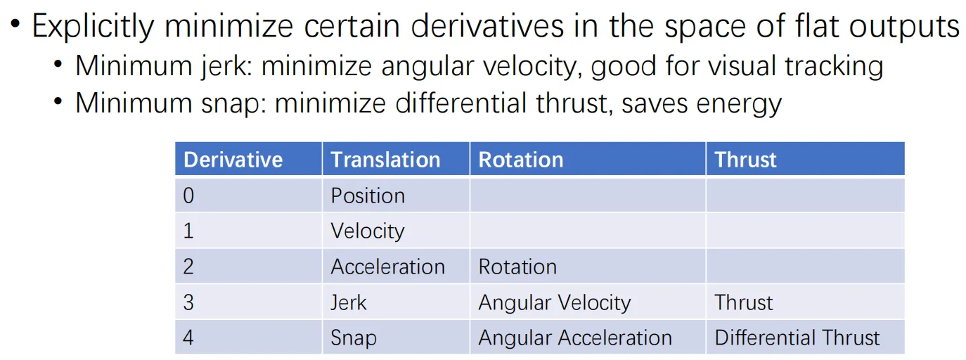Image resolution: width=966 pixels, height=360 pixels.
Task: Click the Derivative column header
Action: click(233, 160)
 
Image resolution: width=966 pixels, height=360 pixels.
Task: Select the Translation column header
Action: click(385, 160)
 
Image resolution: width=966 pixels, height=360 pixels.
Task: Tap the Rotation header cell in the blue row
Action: click(521, 160)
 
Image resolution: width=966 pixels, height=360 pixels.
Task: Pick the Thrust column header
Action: click(745, 160)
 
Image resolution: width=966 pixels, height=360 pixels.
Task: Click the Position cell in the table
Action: click(368, 195)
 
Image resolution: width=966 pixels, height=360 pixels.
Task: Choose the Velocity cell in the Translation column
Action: click(368, 231)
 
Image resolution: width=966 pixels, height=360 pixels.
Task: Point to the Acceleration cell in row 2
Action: click(387, 266)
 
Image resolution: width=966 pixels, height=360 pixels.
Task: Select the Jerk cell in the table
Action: click(349, 302)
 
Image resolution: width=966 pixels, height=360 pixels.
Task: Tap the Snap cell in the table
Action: click(354, 338)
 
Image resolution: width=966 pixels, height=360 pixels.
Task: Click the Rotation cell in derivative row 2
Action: click(517, 266)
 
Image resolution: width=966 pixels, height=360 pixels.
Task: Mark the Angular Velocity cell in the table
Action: click(555, 302)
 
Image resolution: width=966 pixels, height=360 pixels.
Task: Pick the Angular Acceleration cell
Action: click(575, 338)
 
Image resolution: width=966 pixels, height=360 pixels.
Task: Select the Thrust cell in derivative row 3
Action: click(743, 302)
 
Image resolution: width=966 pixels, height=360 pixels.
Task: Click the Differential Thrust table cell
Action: click(797, 337)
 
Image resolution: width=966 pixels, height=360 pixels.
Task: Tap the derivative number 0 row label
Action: click(188, 195)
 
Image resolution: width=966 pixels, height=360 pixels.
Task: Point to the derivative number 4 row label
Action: click(188, 337)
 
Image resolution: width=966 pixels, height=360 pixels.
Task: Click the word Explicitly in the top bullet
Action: click(93, 27)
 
